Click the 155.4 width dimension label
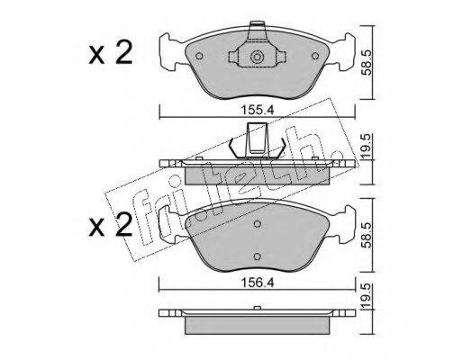(x=257, y=111)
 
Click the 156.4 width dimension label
(x=257, y=283)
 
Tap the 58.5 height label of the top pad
(x=368, y=62)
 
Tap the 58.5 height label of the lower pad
(x=368, y=235)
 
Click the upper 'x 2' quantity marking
(x=111, y=53)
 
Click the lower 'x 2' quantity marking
(x=111, y=226)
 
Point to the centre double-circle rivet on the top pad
(x=257, y=57)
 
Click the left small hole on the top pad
(x=199, y=56)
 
